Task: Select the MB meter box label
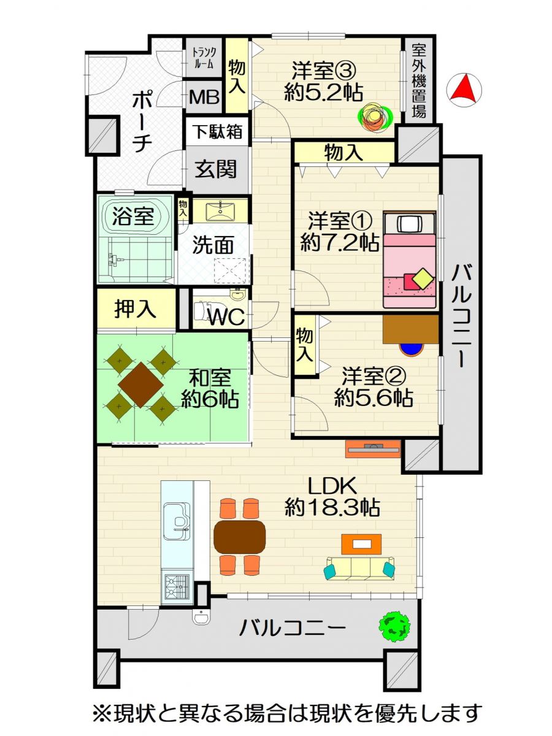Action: pos(204,98)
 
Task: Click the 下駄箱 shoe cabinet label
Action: pos(219,131)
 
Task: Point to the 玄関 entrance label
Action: pos(216,169)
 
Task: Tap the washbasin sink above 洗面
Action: pos(220,210)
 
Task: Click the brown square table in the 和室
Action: pos(141,385)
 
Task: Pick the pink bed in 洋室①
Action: pos(409,259)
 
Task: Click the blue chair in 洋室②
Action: pos(412,350)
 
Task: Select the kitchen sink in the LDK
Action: pos(177,522)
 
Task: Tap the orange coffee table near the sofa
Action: pos(361,544)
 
